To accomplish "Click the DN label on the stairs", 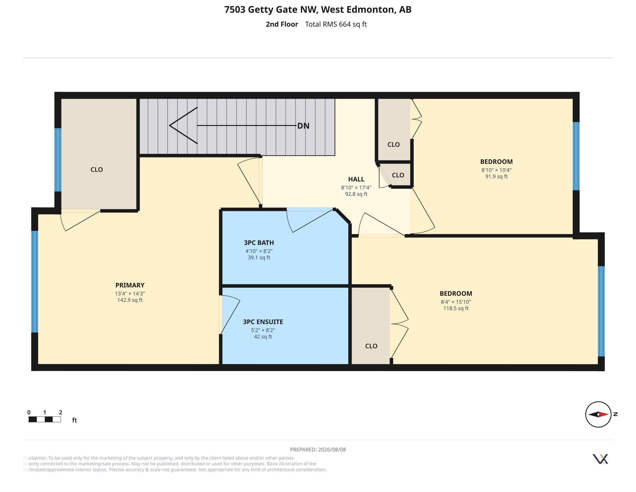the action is (303, 126).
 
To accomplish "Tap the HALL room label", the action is (356, 179).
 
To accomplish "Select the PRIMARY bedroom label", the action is (130, 285).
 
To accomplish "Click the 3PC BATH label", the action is (259, 243).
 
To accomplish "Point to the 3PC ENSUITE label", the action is (263, 322).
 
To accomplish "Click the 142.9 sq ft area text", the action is (130, 300).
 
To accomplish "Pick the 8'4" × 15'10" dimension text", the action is (456, 302).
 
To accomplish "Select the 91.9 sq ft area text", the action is (496, 176).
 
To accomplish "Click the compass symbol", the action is (598, 414).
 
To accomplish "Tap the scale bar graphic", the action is (45, 419).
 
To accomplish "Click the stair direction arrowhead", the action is (184, 126).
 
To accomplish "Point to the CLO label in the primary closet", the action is (97, 170).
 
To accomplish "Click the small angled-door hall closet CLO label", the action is (398, 175).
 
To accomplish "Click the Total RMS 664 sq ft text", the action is (336, 24).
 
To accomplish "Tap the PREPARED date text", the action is (318, 449).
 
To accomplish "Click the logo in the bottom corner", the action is (600, 459).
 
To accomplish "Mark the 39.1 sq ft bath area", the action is (259, 257).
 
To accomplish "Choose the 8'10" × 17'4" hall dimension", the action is (356, 188).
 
